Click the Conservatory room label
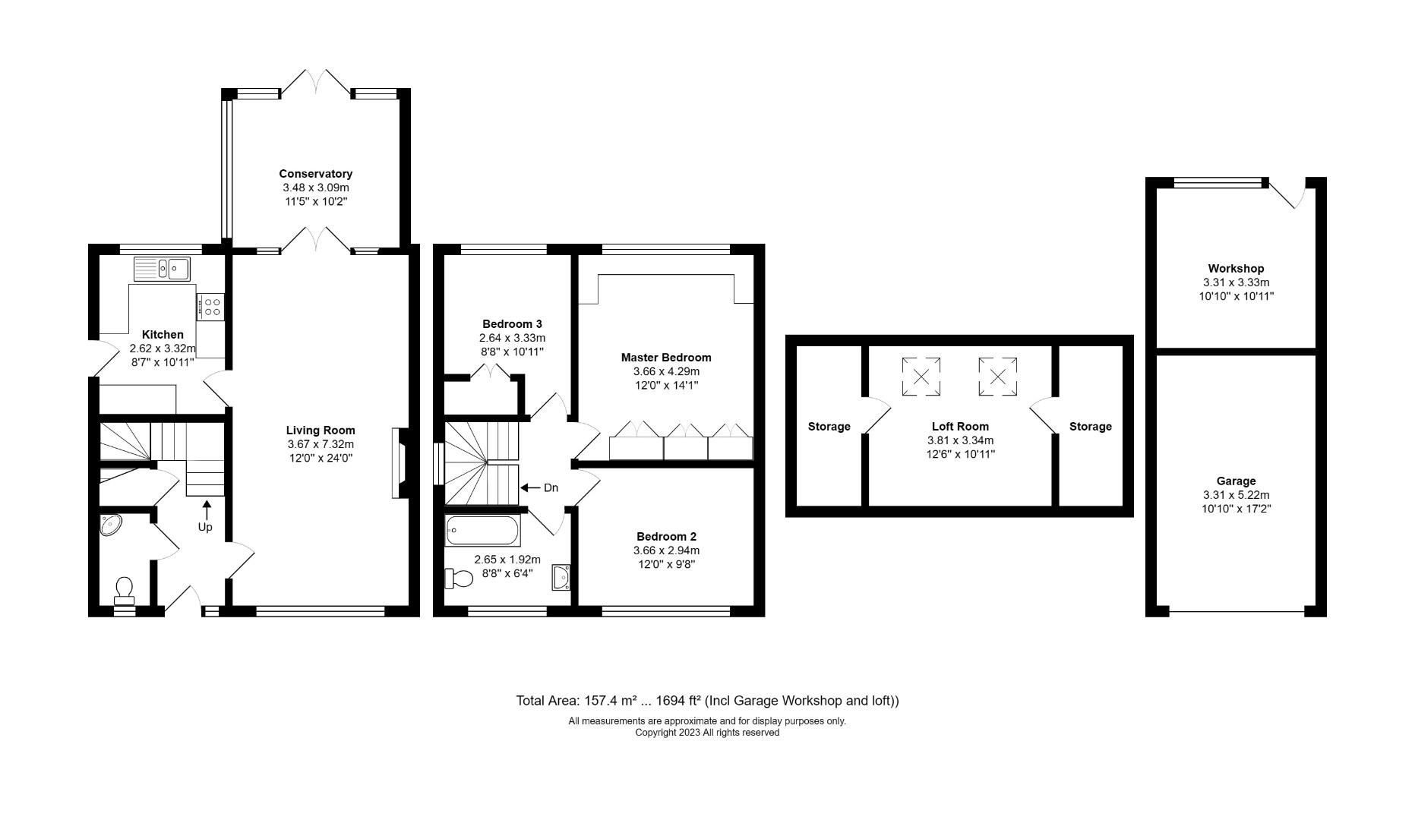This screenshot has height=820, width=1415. (315, 174)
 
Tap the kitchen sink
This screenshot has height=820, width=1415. (163, 268)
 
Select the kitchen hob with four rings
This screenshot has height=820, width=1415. (210, 307)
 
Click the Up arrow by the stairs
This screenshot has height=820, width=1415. (206, 509)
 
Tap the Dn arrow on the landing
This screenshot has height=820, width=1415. (530, 487)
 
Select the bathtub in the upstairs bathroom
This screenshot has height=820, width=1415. (482, 531)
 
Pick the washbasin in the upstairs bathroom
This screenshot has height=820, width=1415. (561, 577)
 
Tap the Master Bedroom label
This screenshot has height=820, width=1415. (666, 358)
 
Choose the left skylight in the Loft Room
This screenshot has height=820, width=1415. (921, 377)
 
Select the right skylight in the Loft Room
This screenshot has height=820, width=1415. (997, 377)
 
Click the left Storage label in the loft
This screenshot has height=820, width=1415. (829, 427)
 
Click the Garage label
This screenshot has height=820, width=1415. (1236, 481)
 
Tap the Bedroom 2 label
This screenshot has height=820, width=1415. (666, 536)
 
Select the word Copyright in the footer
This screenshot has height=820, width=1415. (658, 733)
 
